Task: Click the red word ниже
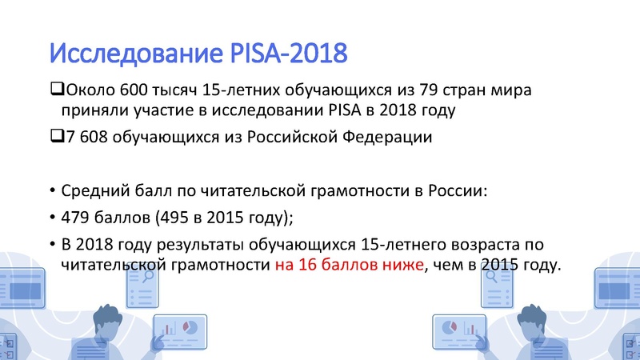(x=399, y=265)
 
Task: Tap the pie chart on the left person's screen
(x=190, y=328)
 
